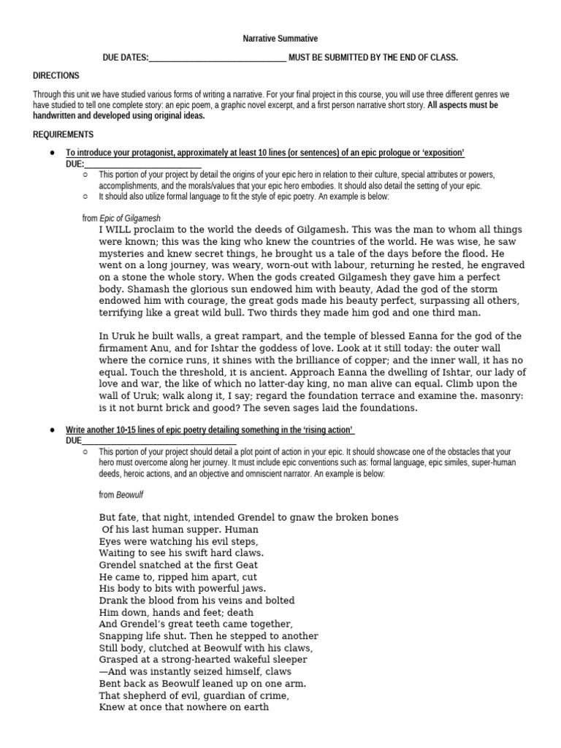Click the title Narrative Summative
click(280, 38)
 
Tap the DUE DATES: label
click(124, 58)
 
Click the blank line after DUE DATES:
click(217, 58)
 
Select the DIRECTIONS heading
click(56, 76)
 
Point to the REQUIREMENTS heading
click(63, 134)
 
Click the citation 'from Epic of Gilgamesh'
click(121, 218)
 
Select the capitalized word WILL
click(121, 229)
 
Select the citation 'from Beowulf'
click(121, 495)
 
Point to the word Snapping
click(122, 636)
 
